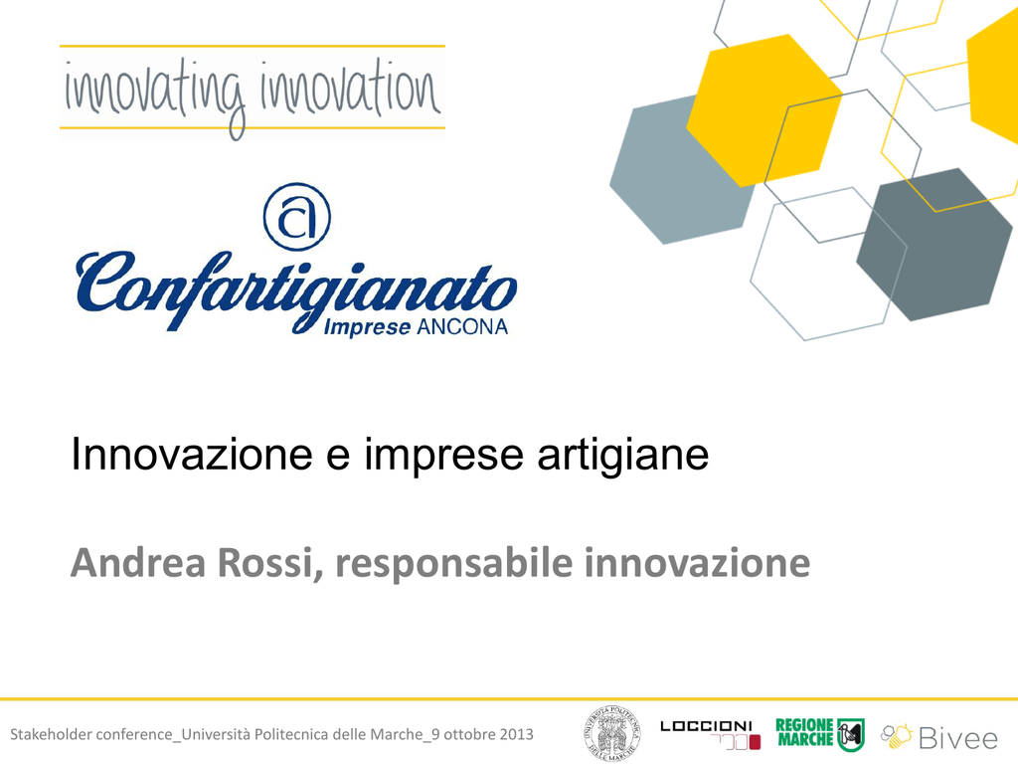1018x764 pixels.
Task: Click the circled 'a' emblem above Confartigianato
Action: [x=296, y=217]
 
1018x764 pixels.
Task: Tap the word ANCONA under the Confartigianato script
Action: [x=461, y=326]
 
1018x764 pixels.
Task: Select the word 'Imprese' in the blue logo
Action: [x=367, y=326]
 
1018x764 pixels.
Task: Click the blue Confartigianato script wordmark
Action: [x=296, y=290]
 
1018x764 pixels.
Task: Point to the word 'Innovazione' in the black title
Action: [x=192, y=454]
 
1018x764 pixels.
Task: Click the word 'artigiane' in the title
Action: [x=623, y=454]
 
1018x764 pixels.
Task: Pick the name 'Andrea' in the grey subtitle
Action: [x=138, y=563]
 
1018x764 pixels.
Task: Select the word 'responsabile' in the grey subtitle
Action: [x=454, y=563]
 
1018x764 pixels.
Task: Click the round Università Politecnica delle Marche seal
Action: [x=611, y=734]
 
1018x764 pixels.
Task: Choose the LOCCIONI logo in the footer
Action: [x=710, y=734]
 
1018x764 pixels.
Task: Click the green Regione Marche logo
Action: [x=820, y=733]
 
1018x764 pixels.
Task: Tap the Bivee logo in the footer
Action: [x=938, y=737]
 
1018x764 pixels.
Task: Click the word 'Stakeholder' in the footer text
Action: [x=50, y=734]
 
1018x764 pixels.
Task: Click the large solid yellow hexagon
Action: [x=764, y=110]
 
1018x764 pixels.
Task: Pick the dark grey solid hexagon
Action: [x=934, y=245]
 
